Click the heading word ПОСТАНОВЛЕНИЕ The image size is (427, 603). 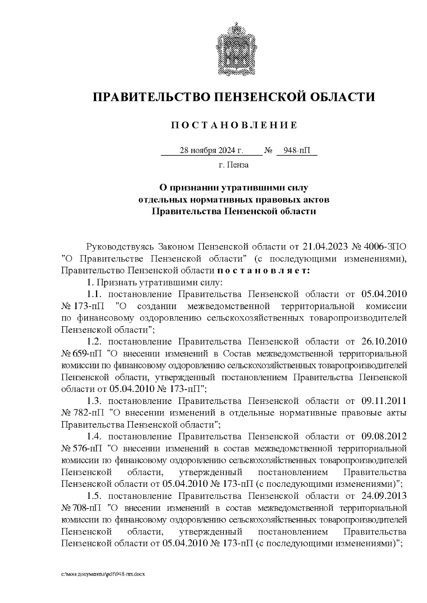234,125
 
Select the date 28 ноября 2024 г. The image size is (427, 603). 211,151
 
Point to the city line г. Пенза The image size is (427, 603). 234,165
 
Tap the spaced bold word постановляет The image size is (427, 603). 264,270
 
